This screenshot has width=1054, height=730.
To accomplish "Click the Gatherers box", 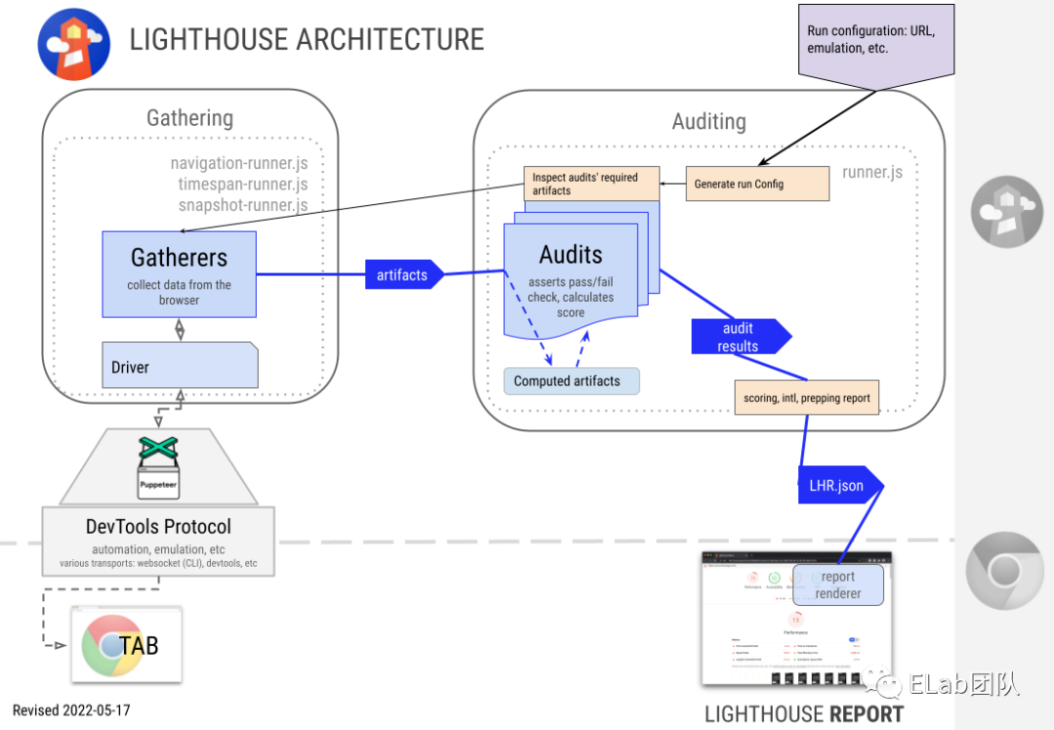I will [x=179, y=273].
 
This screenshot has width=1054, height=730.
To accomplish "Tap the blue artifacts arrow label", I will [x=402, y=275].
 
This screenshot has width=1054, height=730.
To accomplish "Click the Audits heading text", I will [x=571, y=255].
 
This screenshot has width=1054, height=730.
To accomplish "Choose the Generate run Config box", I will [x=757, y=183].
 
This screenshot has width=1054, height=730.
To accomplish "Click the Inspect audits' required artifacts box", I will [x=591, y=183].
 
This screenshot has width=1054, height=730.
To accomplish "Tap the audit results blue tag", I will [x=738, y=337].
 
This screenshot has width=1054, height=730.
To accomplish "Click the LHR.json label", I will [x=837, y=485].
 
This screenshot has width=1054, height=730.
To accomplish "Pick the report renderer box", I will [x=837, y=585].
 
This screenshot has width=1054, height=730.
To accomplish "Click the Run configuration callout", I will [x=874, y=41].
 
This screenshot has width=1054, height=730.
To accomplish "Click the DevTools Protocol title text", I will [x=158, y=527].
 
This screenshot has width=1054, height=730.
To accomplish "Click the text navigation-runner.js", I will [x=239, y=163].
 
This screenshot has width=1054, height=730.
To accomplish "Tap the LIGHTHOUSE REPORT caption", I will [x=804, y=714].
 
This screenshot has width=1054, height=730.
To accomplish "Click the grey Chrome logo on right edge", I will [x=1005, y=571].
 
